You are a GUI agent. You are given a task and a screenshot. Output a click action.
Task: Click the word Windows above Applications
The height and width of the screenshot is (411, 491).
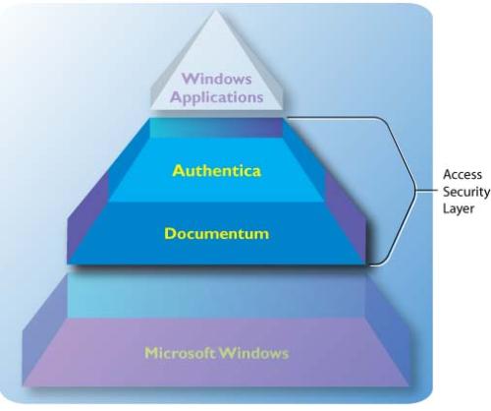[217, 78]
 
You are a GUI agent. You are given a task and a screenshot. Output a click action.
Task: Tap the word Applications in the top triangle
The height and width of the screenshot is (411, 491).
[217, 96]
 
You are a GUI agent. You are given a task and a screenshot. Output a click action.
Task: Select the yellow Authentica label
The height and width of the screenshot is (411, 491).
[216, 170]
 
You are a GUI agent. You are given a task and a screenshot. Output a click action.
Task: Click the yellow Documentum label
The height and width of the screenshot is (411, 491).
[216, 234]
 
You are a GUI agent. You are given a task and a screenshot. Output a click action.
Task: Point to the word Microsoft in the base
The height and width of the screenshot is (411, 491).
[179, 352]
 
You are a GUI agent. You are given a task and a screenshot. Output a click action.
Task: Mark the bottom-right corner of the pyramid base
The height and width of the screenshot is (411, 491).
[409, 386]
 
